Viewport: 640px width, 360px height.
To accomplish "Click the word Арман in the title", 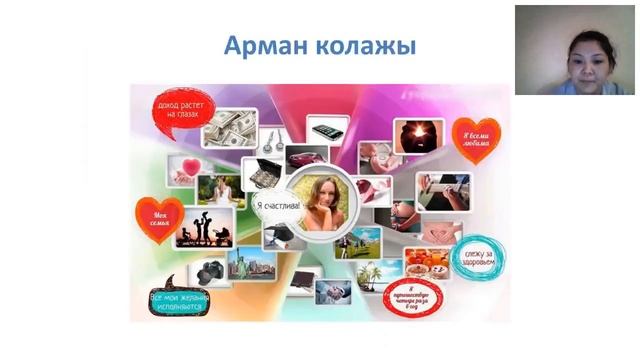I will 262,46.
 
